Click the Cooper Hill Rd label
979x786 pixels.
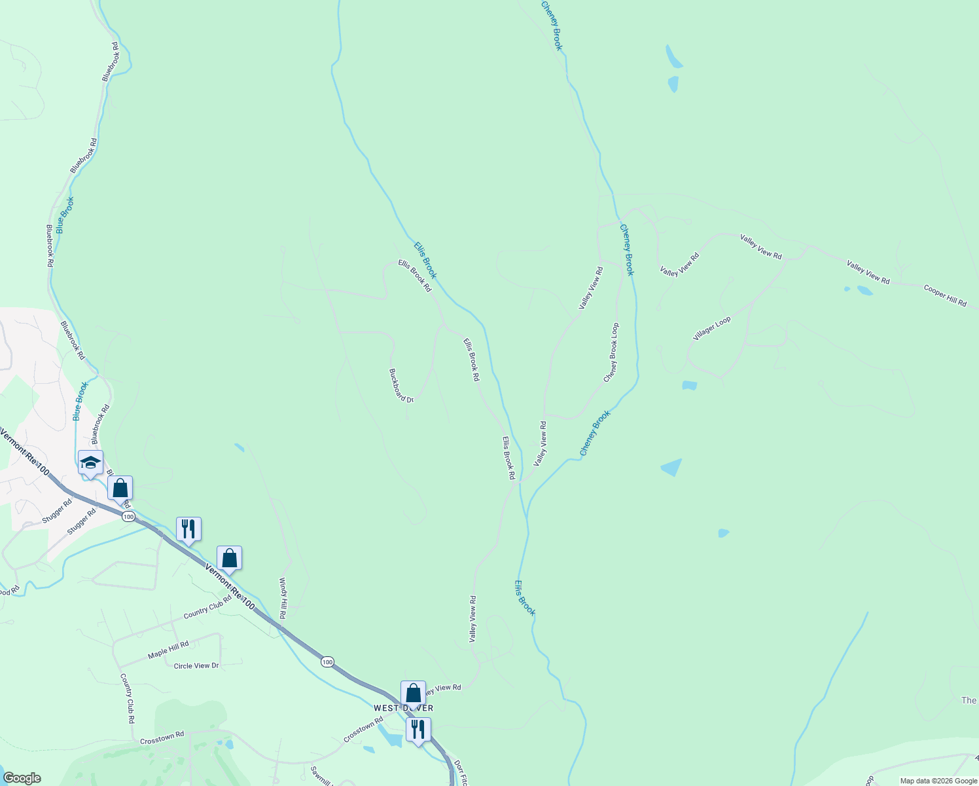pos(945,295)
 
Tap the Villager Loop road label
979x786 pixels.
pos(712,328)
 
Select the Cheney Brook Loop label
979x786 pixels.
pos(611,352)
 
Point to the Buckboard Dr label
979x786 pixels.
pos(401,385)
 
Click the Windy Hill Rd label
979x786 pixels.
pos(283,598)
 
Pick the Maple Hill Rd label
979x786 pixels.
pos(168,648)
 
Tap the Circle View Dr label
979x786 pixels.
pos(196,665)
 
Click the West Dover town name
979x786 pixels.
pos(403,708)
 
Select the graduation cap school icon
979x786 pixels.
pos(90,462)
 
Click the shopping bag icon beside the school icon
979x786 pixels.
pos(120,488)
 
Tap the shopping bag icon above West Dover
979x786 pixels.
pos(413,693)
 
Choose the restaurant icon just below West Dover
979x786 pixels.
pos(418,729)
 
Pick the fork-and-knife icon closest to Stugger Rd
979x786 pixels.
pos(188,529)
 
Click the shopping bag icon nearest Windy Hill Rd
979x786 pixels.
pos(229,558)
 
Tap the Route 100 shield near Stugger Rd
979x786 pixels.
pos(128,517)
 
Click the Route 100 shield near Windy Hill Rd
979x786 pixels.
pos(327,662)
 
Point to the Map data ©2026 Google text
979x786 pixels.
pos(938,781)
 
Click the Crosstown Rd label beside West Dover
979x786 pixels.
pos(363,730)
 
